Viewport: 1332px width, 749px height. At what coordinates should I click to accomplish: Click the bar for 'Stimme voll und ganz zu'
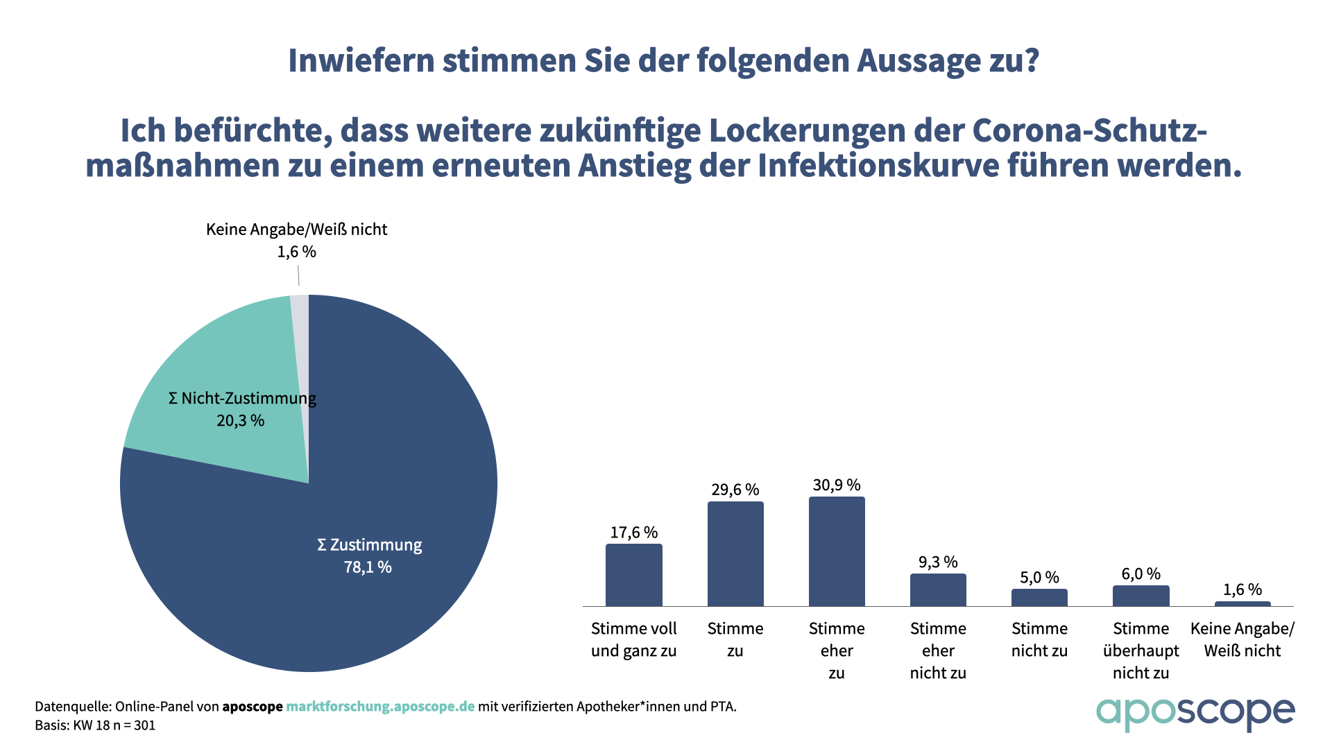click(633, 575)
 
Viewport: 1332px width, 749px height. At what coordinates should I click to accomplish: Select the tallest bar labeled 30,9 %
click(837, 551)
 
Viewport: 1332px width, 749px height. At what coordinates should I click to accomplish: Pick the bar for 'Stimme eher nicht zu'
click(938, 590)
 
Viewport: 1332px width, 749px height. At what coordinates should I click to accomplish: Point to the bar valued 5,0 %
click(1039, 598)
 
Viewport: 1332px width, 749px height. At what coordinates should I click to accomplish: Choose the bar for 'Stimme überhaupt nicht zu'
click(1141, 596)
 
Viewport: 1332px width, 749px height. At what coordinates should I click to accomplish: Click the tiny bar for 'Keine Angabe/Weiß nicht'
click(1242, 604)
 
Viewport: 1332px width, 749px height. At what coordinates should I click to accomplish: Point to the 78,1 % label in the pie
click(368, 567)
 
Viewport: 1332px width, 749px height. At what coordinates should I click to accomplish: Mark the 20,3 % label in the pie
click(241, 420)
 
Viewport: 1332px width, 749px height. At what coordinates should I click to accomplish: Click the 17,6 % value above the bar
click(633, 533)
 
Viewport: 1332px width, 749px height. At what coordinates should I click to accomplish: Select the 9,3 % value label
click(938, 562)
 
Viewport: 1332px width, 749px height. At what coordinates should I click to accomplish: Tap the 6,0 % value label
click(1141, 574)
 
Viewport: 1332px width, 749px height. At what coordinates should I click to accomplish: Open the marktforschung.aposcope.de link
click(380, 707)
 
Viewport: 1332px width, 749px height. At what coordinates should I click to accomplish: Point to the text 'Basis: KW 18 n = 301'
click(95, 725)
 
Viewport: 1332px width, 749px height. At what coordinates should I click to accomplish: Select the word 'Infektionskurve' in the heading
click(877, 166)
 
